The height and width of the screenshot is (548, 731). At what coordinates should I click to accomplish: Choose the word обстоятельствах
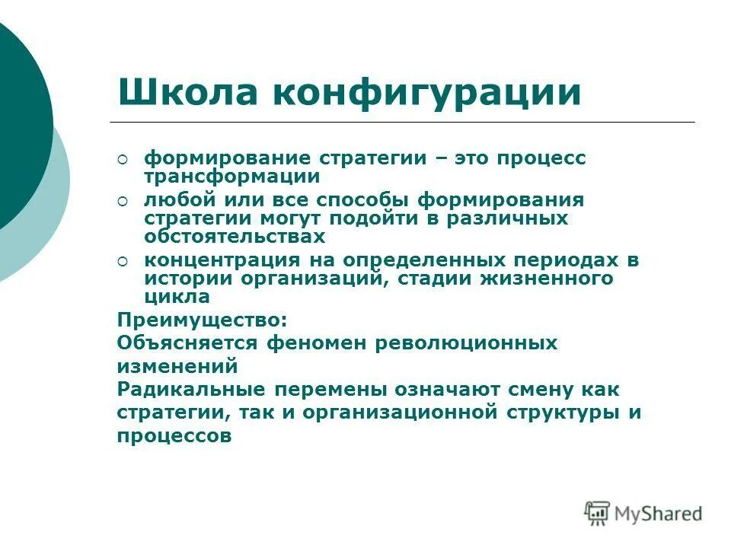pos(235,236)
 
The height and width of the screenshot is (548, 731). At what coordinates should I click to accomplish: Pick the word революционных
pos(466,342)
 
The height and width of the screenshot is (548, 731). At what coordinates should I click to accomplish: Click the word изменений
pos(178,366)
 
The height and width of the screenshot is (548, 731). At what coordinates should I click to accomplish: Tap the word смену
pos(527,390)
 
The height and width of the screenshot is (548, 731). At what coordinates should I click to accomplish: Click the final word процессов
pos(174,437)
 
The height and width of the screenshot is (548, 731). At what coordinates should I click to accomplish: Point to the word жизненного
pos(546,278)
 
